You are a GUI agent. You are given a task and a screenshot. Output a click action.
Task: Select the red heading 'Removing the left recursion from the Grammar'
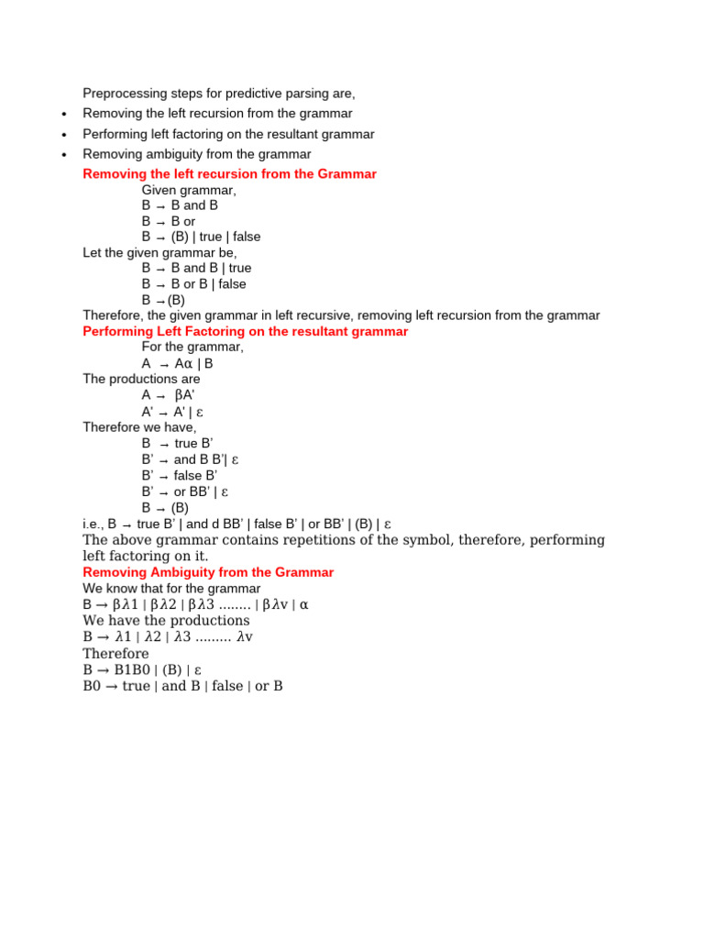(x=229, y=174)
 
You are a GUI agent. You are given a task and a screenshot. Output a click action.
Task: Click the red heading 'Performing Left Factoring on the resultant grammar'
(x=245, y=331)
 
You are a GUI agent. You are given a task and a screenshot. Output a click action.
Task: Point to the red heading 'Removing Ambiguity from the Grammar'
(x=208, y=572)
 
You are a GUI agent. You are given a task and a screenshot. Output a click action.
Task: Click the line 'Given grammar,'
(x=189, y=190)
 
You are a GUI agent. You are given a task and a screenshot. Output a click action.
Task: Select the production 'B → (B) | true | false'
(x=201, y=237)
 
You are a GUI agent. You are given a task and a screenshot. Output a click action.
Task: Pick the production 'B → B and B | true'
(x=196, y=268)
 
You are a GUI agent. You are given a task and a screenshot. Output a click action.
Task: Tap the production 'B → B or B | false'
(x=193, y=284)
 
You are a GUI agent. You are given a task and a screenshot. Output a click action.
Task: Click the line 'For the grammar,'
(x=192, y=348)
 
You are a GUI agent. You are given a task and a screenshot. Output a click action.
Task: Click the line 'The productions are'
(x=141, y=379)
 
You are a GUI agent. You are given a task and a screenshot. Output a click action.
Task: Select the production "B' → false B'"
(x=180, y=476)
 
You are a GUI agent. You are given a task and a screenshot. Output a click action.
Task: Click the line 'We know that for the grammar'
(x=171, y=588)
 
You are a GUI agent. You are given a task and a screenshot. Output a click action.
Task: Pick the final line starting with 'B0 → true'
(x=182, y=686)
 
